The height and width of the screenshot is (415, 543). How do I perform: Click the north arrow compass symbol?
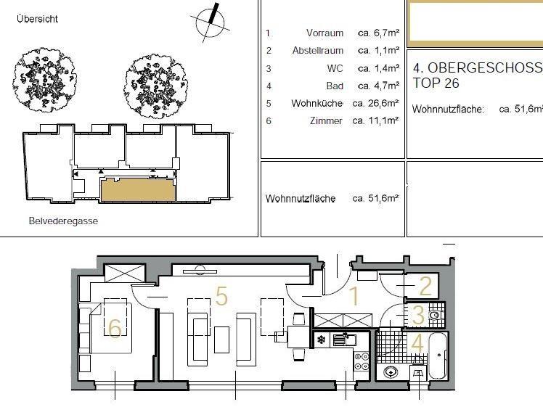point(211,22)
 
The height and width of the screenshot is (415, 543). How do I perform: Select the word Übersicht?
point(38,19)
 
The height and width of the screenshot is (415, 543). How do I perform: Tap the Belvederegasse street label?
point(63,221)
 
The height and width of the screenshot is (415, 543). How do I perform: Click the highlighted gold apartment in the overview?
point(138,189)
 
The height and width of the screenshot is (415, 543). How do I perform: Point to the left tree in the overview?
point(45,80)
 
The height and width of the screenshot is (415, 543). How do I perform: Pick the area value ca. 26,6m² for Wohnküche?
point(376,103)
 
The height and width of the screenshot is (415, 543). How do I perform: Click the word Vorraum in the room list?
point(324,33)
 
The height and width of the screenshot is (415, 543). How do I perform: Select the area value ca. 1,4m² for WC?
point(379,68)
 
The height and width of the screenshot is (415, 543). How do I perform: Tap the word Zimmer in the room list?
point(326,120)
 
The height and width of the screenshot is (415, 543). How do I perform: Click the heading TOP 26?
point(436,83)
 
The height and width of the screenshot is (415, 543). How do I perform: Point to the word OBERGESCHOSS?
point(485,68)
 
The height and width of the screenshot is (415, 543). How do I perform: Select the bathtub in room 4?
point(438,356)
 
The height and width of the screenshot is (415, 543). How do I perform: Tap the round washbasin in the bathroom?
point(391,372)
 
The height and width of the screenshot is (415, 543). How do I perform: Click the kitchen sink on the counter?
point(345,340)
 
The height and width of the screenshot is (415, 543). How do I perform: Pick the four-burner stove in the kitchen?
point(362,361)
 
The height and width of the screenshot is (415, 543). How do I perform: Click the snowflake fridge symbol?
point(322,340)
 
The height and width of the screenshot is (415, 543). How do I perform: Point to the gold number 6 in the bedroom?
point(115,328)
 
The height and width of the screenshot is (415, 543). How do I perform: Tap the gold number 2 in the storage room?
point(425,287)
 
